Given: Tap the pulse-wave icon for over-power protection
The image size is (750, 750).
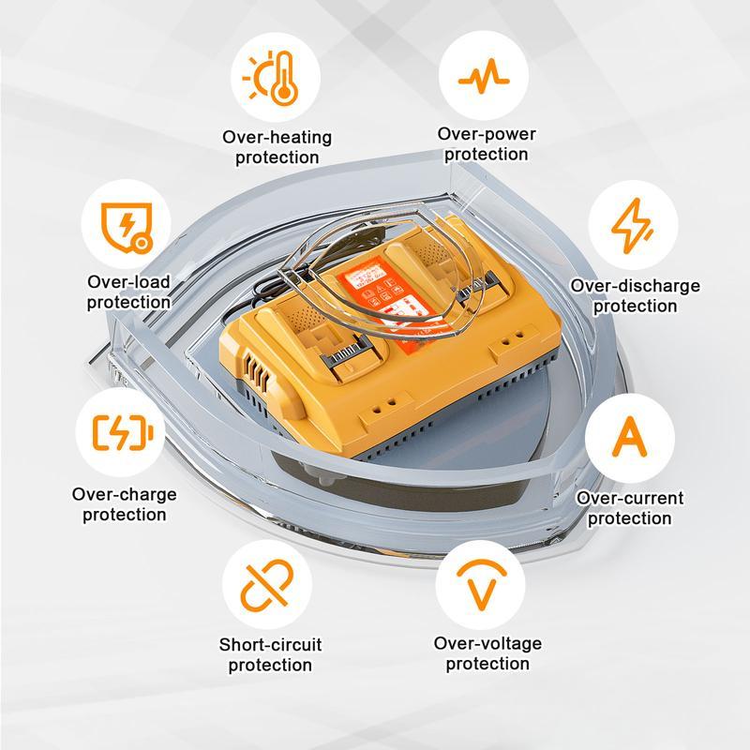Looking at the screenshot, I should [x=484, y=77].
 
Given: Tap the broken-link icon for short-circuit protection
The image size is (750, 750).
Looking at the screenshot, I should [x=268, y=585].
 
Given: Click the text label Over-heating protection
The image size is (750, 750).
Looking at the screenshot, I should [x=277, y=147].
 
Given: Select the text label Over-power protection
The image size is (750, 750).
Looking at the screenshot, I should [x=487, y=144].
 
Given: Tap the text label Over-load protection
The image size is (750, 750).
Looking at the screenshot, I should [x=128, y=292].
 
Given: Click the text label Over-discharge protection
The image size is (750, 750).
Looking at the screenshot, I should [x=635, y=295].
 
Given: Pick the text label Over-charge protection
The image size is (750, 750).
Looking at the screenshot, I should [x=124, y=503].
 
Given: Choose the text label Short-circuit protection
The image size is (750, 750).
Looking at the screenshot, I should [x=270, y=654].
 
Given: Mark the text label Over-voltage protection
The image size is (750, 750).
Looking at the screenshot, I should [x=487, y=653].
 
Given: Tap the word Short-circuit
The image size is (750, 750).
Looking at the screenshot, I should [x=270, y=645].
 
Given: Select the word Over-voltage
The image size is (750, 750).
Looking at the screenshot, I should [x=487, y=643].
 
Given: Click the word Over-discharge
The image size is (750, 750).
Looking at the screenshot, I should [x=635, y=286].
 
